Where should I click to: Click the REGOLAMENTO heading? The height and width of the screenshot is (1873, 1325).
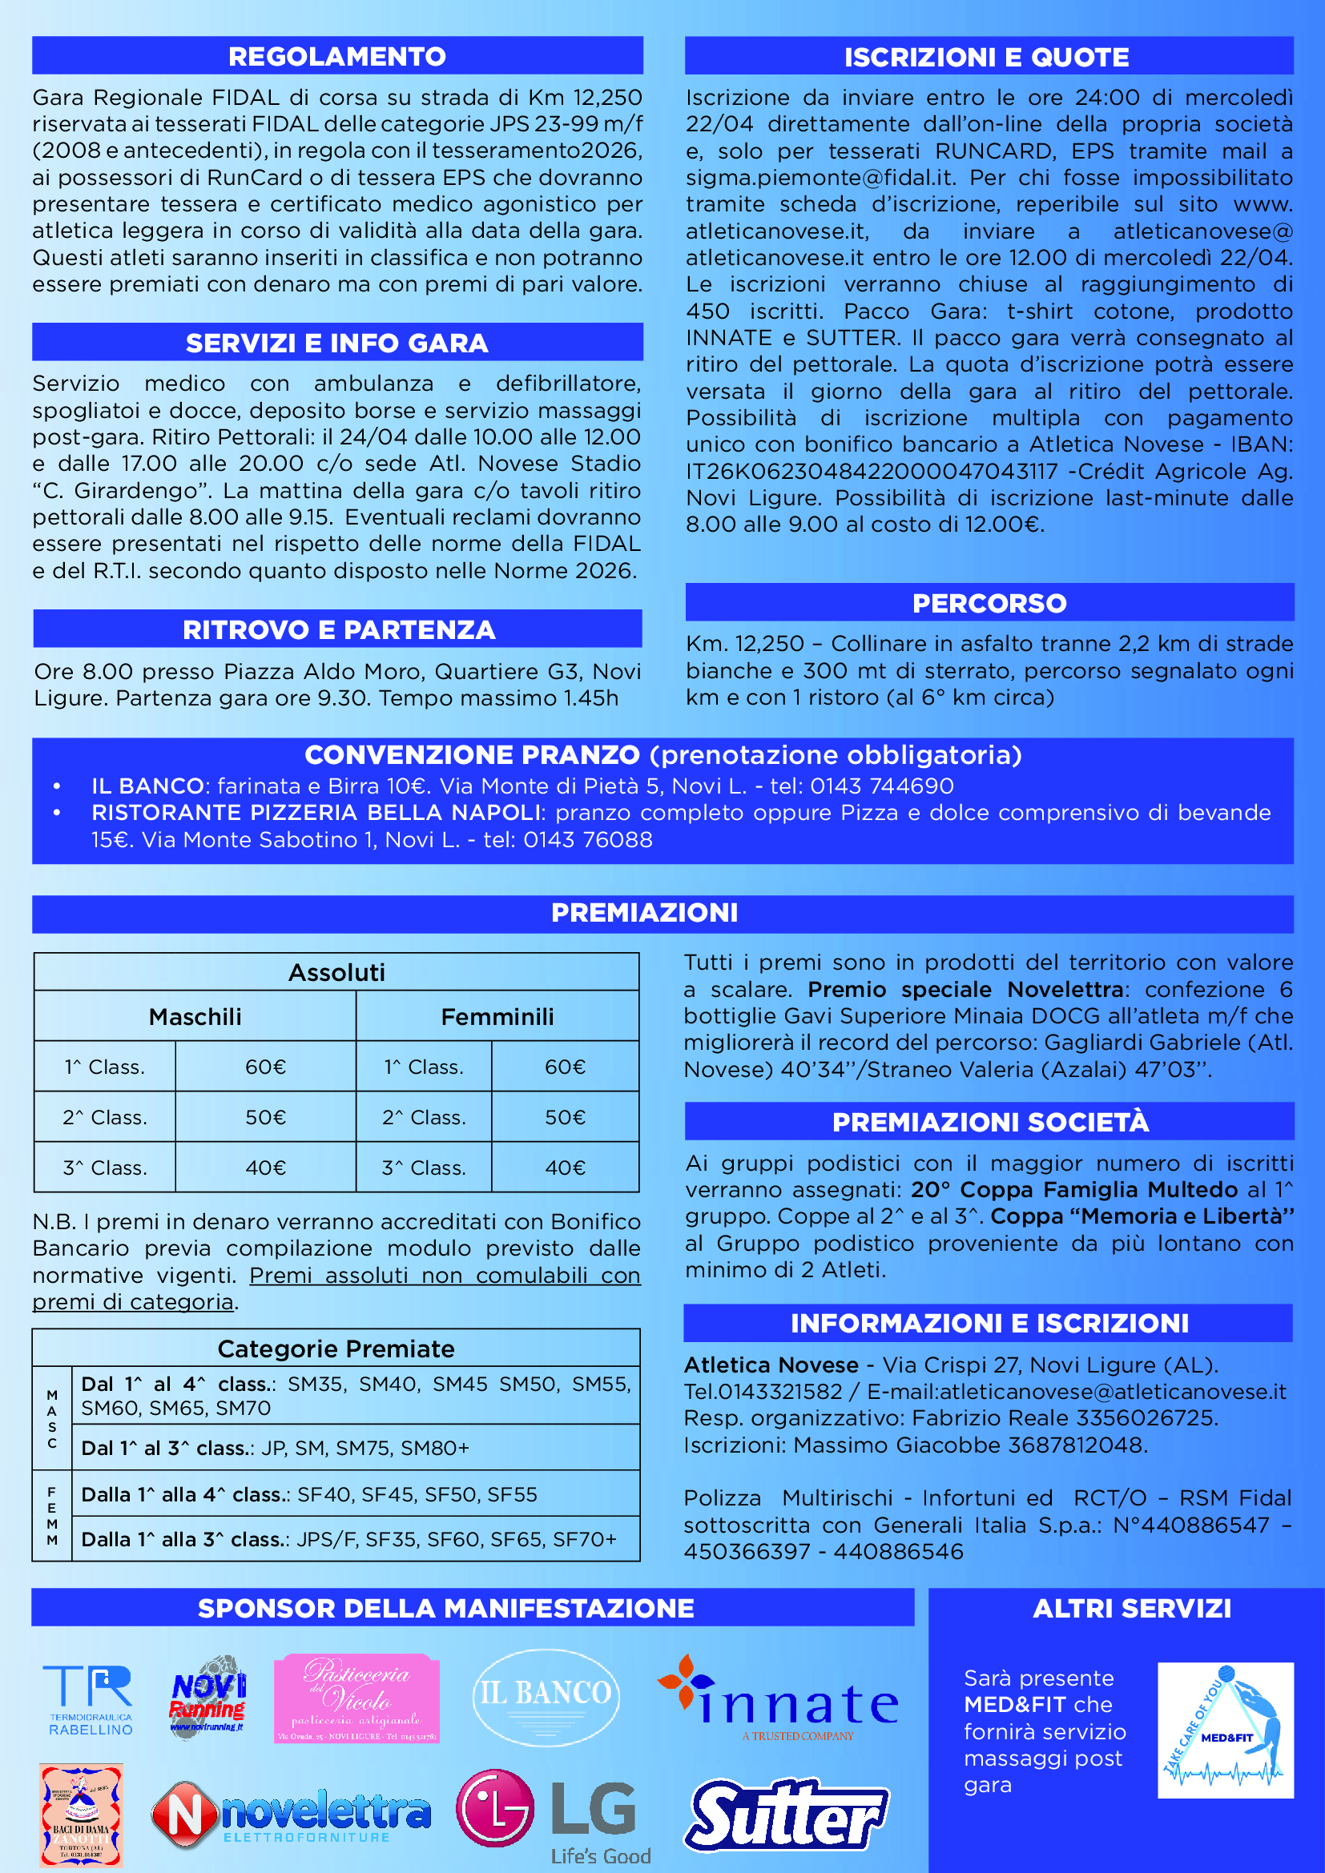click(337, 56)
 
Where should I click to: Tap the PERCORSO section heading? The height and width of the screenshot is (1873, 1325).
click(989, 603)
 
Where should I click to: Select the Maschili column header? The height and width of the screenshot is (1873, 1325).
click(195, 1016)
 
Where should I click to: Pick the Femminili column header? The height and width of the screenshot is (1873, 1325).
click(497, 1016)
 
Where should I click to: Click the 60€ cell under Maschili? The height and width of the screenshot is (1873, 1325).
click(265, 1067)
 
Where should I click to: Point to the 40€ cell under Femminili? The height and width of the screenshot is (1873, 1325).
click(565, 1168)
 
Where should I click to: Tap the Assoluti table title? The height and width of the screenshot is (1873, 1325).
click(336, 972)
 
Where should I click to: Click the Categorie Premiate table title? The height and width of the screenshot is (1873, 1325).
click(336, 1348)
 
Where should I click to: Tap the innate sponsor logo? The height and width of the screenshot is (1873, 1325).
click(779, 1699)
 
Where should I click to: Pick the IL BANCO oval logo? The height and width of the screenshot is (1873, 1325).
click(546, 1698)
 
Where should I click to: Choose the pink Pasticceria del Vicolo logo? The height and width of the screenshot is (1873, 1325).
click(356, 1698)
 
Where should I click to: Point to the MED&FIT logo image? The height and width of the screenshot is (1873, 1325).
click(1225, 1730)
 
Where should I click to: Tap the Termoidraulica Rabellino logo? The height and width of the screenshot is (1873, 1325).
click(89, 1700)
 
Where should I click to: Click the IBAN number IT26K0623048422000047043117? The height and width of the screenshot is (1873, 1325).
click(872, 472)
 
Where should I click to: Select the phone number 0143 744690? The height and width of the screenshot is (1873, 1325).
click(881, 786)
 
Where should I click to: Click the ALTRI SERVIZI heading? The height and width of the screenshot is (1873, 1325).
click(1132, 1608)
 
